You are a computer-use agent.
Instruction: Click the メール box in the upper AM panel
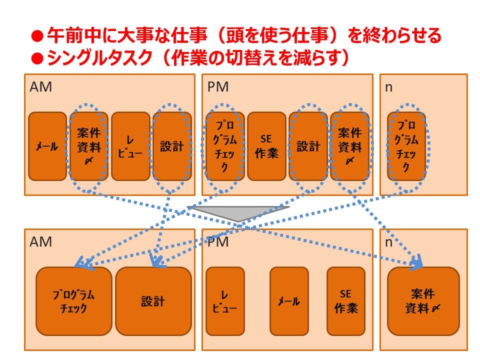tap(47, 146)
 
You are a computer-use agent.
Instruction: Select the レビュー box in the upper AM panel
tap(130, 146)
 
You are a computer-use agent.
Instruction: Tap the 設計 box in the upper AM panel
tap(171, 146)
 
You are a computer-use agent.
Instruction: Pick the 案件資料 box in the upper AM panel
tap(88, 146)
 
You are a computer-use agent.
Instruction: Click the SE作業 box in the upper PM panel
tap(266, 146)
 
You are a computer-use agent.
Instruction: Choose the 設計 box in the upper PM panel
tap(308, 146)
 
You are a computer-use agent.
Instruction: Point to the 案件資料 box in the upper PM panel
tap(349, 146)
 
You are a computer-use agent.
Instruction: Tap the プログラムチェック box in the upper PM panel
tap(225, 146)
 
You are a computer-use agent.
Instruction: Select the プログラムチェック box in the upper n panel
tap(406, 146)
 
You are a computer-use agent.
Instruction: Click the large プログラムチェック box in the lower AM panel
tap(73, 301)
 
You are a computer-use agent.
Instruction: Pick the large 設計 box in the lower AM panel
tap(153, 301)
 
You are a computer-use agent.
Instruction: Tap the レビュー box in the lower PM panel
tap(225, 301)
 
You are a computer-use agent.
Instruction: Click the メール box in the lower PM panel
tap(289, 301)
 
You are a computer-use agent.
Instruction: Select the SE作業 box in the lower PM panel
tap(346, 301)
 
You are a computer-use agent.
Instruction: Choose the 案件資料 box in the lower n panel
tap(423, 301)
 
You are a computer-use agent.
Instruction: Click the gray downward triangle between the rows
tap(238, 212)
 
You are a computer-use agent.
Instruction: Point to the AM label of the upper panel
tap(40, 87)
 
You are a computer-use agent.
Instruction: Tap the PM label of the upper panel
tap(218, 87)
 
